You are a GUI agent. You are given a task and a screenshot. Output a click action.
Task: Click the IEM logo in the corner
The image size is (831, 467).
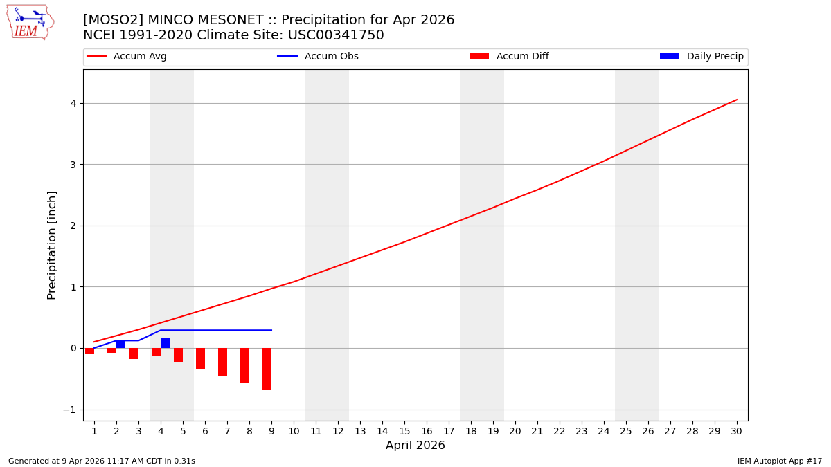coord(30,22)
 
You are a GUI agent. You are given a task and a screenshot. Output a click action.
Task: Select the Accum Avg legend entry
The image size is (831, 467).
coord(139,57)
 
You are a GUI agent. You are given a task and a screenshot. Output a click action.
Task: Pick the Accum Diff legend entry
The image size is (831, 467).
coord(521,57)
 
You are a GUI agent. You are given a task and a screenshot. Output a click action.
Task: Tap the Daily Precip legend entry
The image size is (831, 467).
coord(714,57)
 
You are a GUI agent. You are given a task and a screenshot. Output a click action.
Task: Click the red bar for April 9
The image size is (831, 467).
coord(267,369)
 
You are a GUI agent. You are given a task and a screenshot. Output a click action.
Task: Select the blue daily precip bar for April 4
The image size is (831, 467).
coord(165,343)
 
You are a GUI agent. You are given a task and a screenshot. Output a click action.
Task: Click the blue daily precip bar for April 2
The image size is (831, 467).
coord(120,345)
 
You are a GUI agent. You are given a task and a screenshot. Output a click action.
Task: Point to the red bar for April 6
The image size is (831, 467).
coord(200,358)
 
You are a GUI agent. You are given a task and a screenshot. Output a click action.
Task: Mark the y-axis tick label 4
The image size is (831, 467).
coord(73,103)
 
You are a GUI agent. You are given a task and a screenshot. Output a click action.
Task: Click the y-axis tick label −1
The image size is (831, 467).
coord(71,410)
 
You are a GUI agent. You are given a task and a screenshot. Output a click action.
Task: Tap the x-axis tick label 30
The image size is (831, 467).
coord(736,431)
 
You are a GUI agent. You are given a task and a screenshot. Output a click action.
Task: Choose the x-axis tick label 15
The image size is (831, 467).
coord(404,431)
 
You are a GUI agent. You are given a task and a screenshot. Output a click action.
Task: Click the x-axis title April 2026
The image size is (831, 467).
coord(415,446)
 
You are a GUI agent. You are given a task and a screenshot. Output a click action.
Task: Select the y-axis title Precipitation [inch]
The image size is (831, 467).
coord(52,245)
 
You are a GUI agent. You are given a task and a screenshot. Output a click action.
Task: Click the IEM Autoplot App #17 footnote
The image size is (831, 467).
coord(779,461)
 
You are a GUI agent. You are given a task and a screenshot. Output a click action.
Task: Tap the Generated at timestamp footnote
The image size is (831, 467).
coord(102,461)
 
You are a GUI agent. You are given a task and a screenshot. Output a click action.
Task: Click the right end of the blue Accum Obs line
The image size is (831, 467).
coord(271,330)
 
